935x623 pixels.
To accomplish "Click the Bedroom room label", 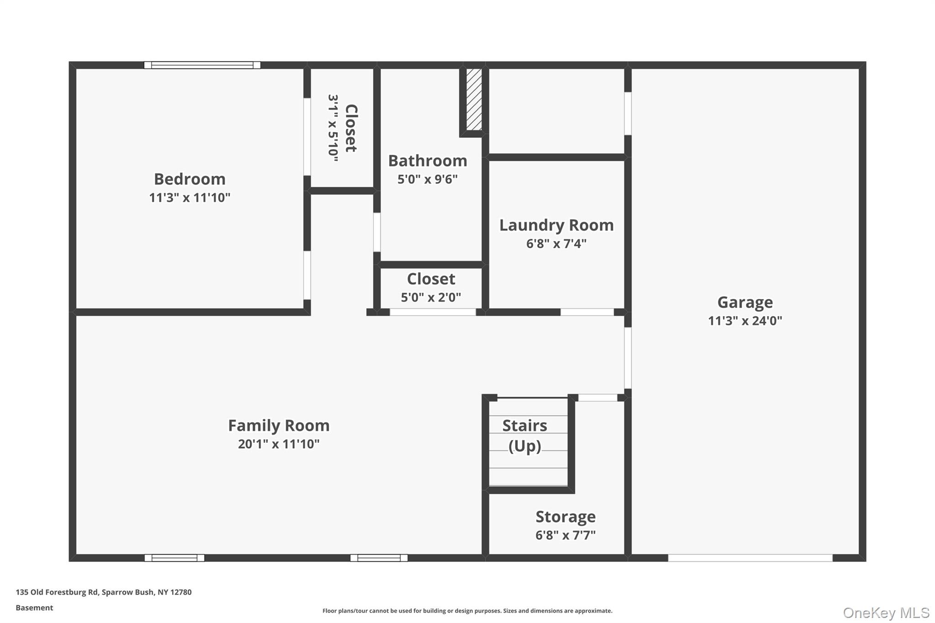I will coord(189,179).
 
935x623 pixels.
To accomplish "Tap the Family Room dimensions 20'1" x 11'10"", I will coord(278,444).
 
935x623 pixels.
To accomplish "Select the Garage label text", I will coord(745,302).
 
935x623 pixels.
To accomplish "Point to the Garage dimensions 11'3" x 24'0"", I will coord(745,321).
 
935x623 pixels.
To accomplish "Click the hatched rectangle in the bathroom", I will coord(473,99).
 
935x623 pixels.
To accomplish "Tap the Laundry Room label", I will coord(556,225).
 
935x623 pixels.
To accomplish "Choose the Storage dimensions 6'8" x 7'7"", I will coord(565,535).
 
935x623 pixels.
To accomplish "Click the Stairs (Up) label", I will coord(525,435).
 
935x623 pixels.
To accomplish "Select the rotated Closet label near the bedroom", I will coord(351,128).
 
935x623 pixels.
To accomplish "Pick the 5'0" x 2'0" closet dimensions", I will coord(431,298).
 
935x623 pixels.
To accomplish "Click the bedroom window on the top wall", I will coord(202,65).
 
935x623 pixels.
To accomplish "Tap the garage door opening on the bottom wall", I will coord(750,558).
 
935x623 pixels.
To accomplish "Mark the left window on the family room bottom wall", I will coord(174,558).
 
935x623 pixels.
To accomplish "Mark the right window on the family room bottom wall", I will coord(378,558).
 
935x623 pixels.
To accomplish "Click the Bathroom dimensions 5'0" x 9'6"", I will coord(427,179).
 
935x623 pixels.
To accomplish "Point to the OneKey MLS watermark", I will coord(886,613).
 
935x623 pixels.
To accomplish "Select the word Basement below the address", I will coord(34,607).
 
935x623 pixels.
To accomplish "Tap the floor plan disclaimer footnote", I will coord(467,611).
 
